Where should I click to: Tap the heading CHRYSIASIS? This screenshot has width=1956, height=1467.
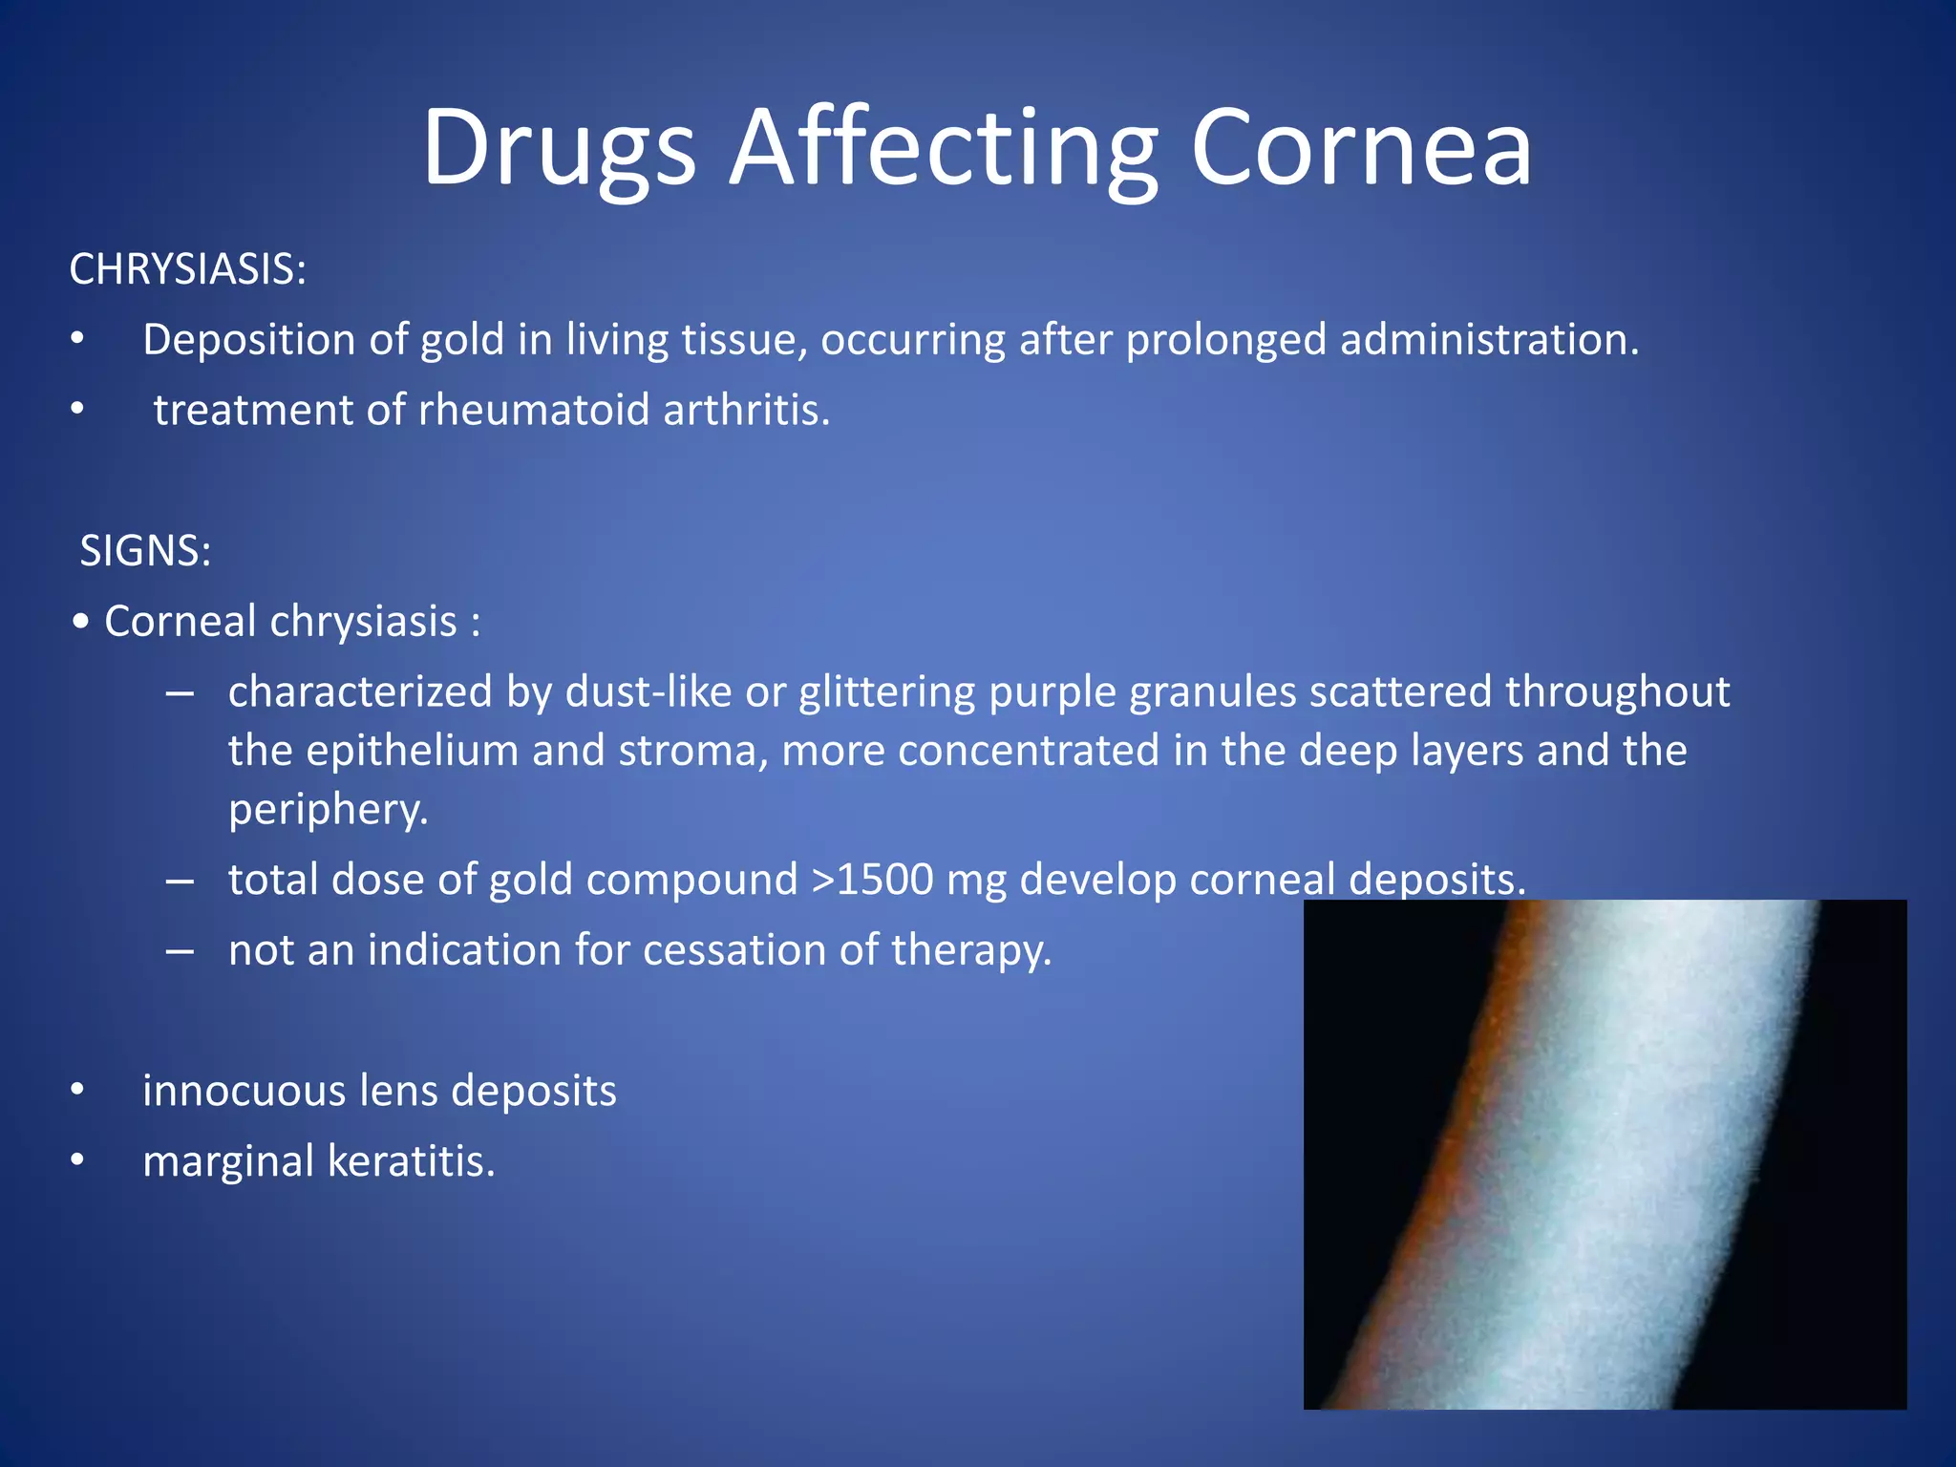coord(188,269)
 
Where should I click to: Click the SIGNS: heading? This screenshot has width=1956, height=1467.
coord(145,551)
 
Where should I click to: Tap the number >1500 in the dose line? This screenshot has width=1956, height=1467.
coord(871,880)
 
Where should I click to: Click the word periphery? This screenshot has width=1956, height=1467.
coord(328,811)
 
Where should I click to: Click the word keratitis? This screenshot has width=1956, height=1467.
coord(412,1162)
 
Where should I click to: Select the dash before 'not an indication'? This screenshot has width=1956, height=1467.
coord(180,951)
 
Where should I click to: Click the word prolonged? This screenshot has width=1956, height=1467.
coord(1226,341)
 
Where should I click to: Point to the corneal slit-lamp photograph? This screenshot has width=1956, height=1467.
coord(1605,1154)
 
